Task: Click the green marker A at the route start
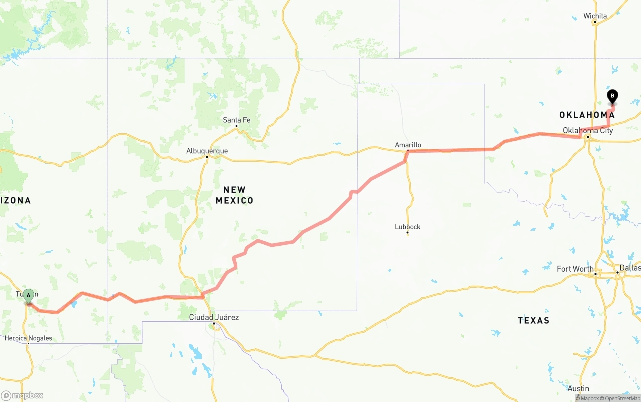(x=29, y=295)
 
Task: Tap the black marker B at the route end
(x=612, y=96)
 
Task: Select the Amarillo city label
(x=408, y=145)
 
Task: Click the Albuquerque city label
(x=207, y=151)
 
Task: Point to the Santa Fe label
(x=236, y=120)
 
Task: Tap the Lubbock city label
(x=407, y=227)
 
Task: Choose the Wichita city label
(x=595, y=16)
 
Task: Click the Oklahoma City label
(x=587, y=130)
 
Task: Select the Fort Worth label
(x=575, y=269)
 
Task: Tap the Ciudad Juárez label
(x=214, y=317)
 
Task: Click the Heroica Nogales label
(x=28, y=338)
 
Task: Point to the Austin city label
(x=578, y=388)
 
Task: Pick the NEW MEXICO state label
(x=234, y=195)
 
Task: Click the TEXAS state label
(x=533, y=320)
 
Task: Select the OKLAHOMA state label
(x=587, y=115)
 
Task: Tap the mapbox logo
(x=22, y=395)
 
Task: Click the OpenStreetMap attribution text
(x=621, y=398)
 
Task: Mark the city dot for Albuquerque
(x=207, y=157)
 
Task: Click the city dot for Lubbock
(x=407, y=233)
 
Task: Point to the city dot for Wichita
(x=595, y=22)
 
